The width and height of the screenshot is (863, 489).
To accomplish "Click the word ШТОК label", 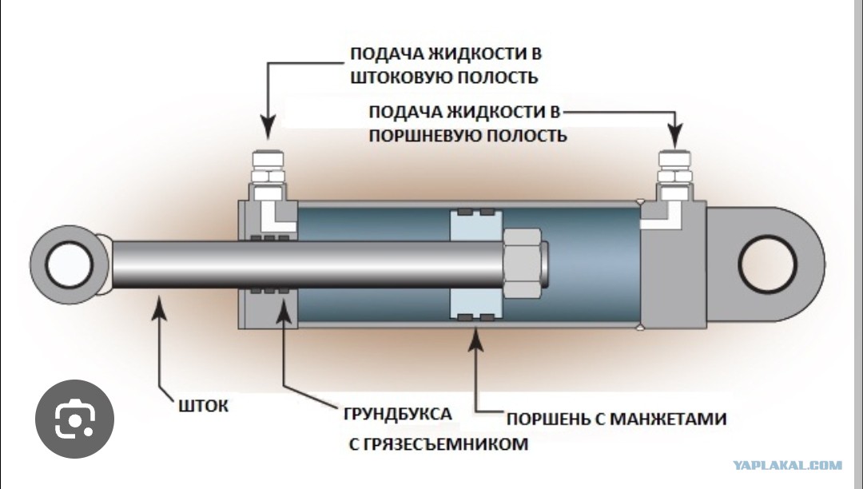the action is tap(203, 406).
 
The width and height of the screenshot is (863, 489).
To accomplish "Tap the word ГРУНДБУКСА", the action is tap(397, 414).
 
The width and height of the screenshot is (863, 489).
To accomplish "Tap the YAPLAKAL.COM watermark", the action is tap(788, 465).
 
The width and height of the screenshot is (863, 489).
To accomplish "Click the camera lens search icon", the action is tap(75, 419).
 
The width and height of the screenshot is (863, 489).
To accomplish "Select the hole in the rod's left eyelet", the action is tap(70, 264).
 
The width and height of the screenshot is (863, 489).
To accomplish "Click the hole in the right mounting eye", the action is tap(767, 264).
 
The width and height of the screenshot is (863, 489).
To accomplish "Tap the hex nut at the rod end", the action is tap(522, 262).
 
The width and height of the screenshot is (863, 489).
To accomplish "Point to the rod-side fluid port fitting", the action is tap(268, 175).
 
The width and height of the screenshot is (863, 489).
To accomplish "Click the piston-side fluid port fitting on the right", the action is tap(674, 175).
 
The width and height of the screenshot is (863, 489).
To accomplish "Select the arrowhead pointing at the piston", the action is tap(475, 340).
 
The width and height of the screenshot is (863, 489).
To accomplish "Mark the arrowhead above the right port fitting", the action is tap(675, 135).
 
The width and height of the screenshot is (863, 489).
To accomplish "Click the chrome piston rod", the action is tap(308, 264).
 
